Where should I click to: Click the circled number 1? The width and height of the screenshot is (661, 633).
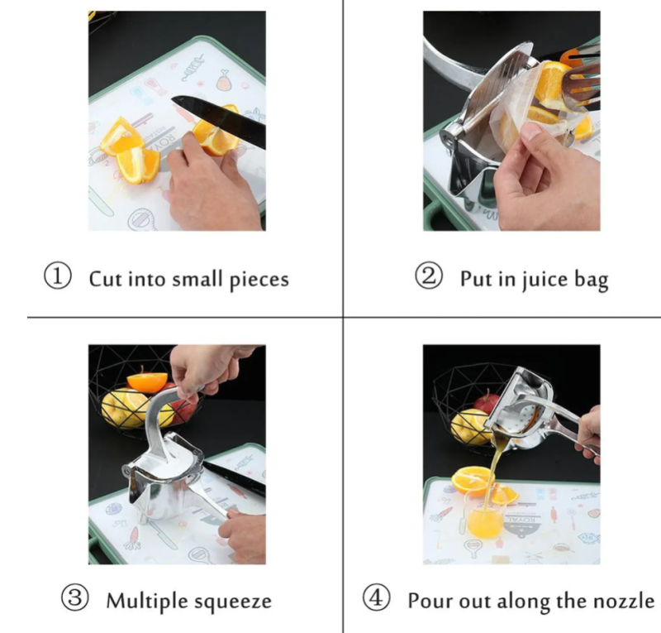coord(58,276)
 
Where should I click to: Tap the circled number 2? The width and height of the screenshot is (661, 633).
coord(429,276)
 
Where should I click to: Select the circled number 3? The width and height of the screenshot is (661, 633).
coord(75,598)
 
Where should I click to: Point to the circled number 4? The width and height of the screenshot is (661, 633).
coord(376,598)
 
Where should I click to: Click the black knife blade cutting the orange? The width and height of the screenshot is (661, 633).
coord(219,120)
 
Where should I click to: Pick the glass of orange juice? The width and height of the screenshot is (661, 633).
coord(484,515)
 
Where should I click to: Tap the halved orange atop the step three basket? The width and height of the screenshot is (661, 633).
coord(148,381)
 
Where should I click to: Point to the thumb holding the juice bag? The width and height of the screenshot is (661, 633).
coord(533,137)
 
